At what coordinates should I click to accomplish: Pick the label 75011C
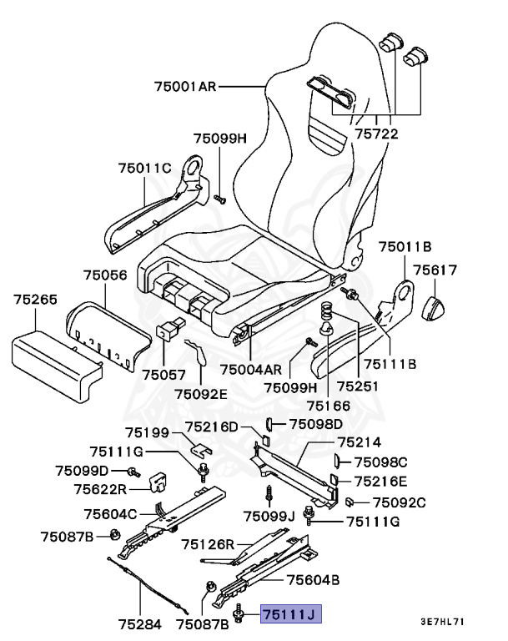(x=143, y=169)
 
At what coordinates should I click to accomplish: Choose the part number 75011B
(x=405, y=246)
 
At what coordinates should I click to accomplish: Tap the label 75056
(x=105, y=275)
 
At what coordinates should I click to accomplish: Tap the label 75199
(x=148, y=432)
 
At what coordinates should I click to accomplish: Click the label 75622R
(x=100, y=489)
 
